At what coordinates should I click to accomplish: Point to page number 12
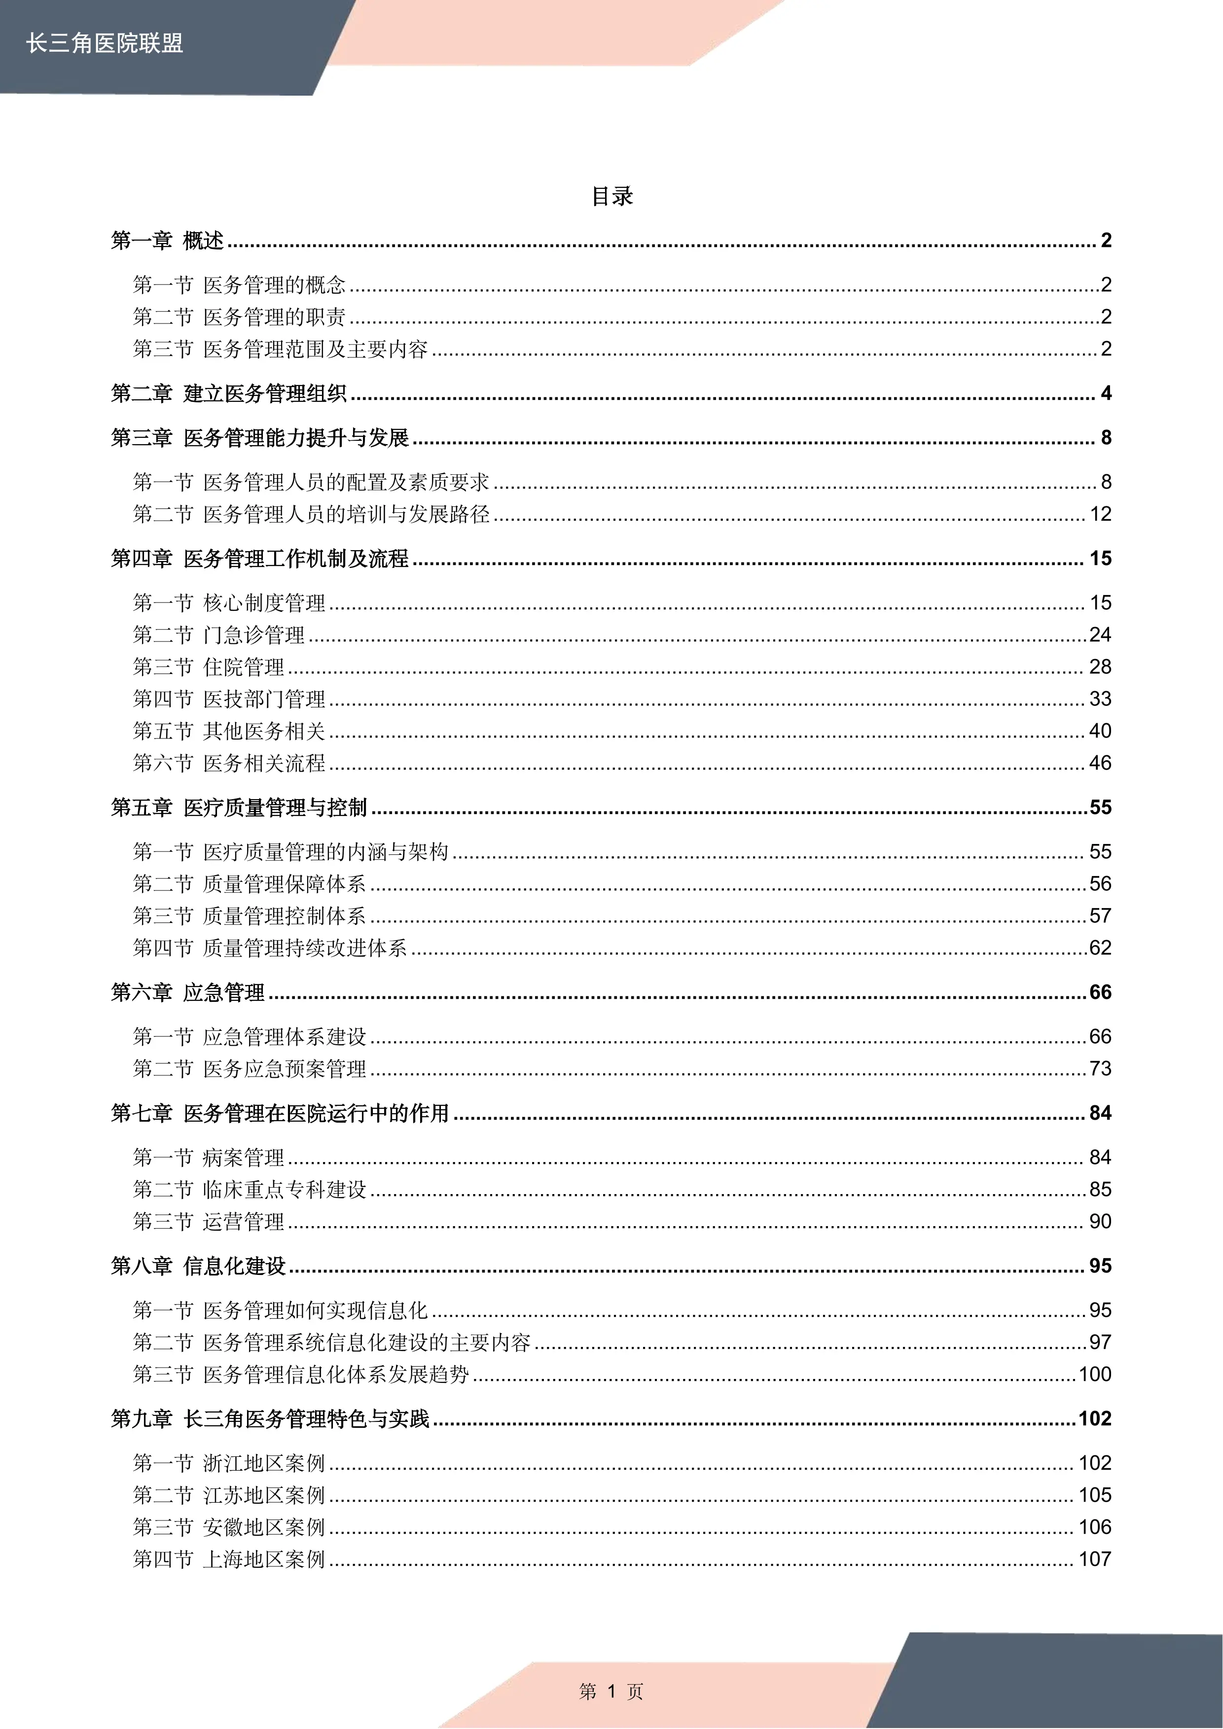click(x=1100, y=514)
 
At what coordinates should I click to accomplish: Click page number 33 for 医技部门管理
click(x=1100, y=699)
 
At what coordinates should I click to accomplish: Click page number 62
click(x=1100, y=948)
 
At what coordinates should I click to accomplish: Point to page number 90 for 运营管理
click(x=1100, y=1222)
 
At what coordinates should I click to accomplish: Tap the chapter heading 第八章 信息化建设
click(x=199, y=1267)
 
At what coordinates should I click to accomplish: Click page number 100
click(x=1095, y=1375)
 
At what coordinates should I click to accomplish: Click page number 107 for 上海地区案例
click(x=1095, y=1559)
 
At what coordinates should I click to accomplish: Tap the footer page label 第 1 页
click(x=611, y=1692)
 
